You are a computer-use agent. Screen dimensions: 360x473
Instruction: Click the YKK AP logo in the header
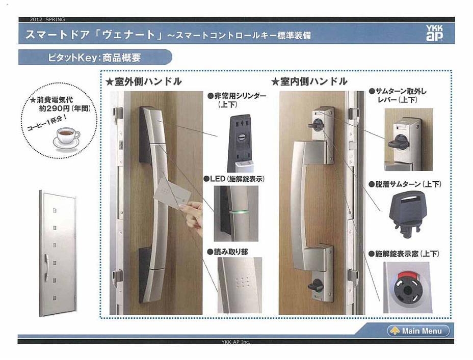pos(434,33)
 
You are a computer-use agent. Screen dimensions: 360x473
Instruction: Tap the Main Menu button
pos(418,331)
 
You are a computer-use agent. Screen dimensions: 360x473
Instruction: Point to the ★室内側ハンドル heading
pos(309,81)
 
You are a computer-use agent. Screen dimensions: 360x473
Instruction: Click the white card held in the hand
pos(172,192)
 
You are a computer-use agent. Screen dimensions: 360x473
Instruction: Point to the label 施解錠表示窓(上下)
pos(405,253)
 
